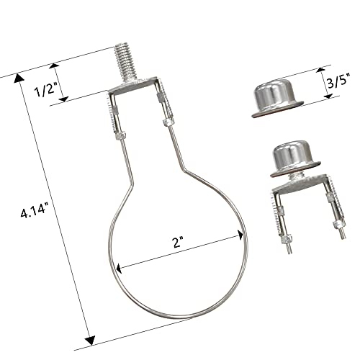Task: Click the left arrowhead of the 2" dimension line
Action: pyautogui.click(x=118, y=266)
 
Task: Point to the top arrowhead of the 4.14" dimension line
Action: pyautogui.click(x=19, y=76)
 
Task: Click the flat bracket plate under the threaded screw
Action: pyautogui.click(x=137, y=91)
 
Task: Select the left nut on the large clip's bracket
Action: pyautogui.click(x=117, y=135)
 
